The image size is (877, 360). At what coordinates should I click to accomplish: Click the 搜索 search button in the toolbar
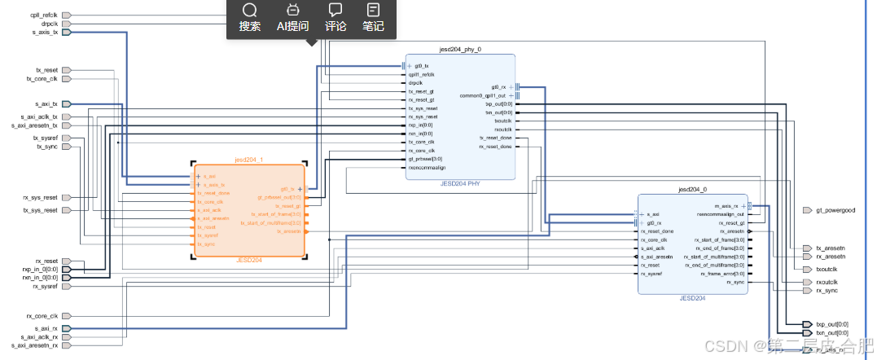[x=250, y=18]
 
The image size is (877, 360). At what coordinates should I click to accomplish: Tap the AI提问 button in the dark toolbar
[x=292, y=18]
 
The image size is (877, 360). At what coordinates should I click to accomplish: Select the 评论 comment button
[x=335, y=18]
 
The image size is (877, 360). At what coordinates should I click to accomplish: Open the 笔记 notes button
[x=373, y=18]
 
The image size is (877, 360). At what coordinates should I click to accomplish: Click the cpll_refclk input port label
[x=43, y=15]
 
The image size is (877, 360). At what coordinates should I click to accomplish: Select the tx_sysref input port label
[x=45, y=138]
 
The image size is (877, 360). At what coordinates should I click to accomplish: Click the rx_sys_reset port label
[x=40, y=198]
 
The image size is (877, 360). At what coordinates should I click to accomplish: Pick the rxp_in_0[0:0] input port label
[x=40, y=269]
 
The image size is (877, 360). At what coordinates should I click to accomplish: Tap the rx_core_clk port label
[x=42, y=315]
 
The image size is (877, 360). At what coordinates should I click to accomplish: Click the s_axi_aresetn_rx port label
[x=34, y=345]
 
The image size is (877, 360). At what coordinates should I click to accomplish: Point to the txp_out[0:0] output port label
[x=831, y=324]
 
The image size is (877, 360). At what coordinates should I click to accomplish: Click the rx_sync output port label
[x=827, y=291]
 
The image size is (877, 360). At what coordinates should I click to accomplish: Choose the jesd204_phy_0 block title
[x=460, y=49]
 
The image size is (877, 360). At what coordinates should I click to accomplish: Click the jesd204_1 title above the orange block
[x=248, y=160]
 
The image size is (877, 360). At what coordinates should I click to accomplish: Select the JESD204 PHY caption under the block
[x=460, y=185]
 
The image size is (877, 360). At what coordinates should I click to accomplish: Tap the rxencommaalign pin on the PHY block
[x=428, y=168]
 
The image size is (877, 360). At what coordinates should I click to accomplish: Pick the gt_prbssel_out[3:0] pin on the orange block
[x=279, y=197]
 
